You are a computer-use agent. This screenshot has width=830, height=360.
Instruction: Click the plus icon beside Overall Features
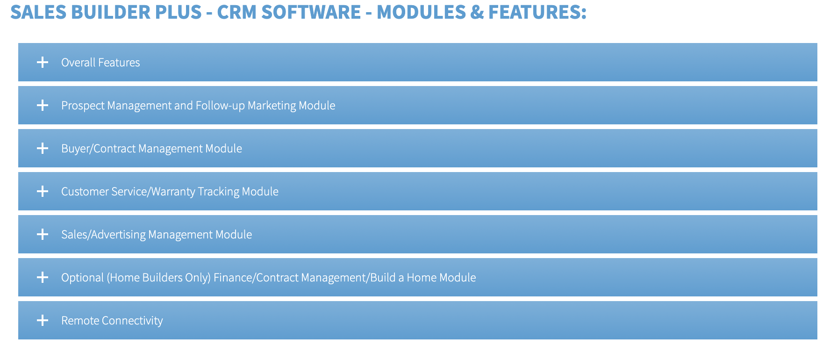tap(43, 62)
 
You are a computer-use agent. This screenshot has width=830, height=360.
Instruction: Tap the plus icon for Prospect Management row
tap(43, 105)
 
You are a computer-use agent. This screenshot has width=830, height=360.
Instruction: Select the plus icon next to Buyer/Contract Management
tap(43, 148)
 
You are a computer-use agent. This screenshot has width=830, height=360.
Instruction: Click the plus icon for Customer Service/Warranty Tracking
tap(43, 191)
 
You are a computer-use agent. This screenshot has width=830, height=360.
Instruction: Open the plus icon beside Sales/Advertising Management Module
tap(43, 234)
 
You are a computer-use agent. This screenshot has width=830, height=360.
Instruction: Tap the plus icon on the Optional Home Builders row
tap(43, 277)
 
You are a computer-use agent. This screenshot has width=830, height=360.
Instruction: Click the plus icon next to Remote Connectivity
tap(43, 320)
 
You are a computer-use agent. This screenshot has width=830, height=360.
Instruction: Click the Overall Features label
tap(100, 62)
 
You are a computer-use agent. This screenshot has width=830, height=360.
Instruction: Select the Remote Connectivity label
tap(112, 320)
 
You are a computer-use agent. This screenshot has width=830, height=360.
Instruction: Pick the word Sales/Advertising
tap(103, 235)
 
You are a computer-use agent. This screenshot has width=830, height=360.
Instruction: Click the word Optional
tap(82, 278)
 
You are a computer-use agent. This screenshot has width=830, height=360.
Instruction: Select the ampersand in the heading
tap(477, 12)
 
